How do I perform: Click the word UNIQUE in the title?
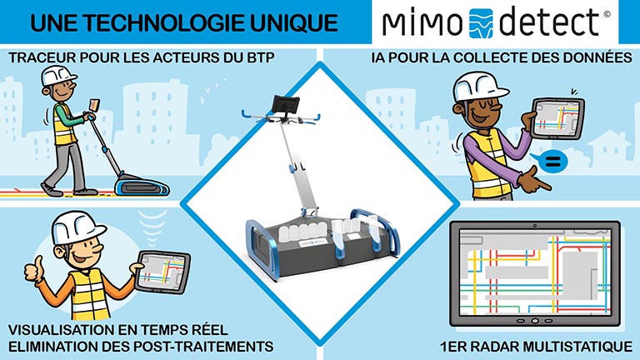click(x=293, y=22)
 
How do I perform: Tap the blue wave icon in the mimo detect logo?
click(x=481, y=23)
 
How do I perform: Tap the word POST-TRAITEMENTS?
click(x=203, y=347)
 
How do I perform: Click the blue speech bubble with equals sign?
click(x=552, y=162)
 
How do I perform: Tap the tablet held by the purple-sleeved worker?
click(x=557, y=117)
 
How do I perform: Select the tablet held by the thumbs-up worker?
click(x=163, y=271)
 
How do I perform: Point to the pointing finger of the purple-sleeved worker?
click(x=542, y=185)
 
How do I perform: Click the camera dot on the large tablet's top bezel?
click(x=534, y=225)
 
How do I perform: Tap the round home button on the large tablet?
click(x=535, y=321)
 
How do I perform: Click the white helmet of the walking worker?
click(x=58, y=75)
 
